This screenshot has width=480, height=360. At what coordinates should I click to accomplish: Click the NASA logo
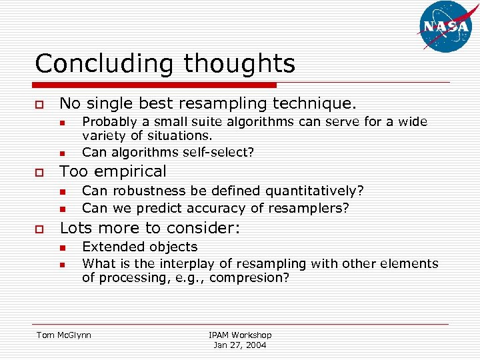point(445,27)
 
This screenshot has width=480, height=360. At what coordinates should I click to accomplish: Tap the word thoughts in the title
point(239,64)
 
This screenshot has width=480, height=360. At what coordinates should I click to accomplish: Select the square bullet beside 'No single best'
point(39,105)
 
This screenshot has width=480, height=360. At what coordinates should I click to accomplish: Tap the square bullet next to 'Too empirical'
point(39,172)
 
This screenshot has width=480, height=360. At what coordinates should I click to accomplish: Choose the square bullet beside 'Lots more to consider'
point(39,229)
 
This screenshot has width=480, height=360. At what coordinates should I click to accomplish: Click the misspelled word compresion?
point(249,278)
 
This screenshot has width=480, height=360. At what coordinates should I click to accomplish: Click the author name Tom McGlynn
point(64,335)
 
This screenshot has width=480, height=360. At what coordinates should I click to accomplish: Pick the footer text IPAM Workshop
point(240,335)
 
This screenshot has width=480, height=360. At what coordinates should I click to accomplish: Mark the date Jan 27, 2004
point(240,345)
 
